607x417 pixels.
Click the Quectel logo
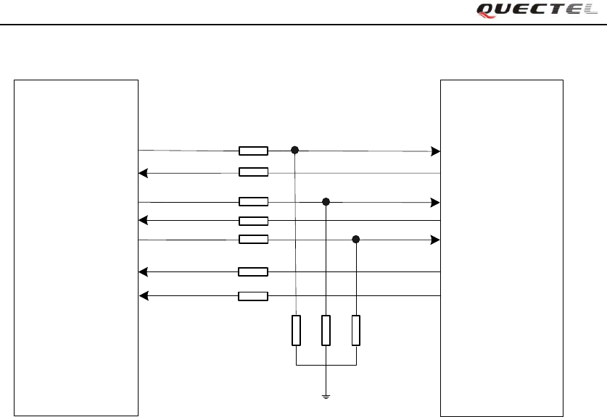click(x=537, y=9)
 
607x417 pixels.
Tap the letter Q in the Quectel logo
click(x=485, y=9)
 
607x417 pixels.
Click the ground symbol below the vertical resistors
click(x=326, y=396)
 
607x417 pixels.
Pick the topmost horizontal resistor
click(x=253, y=151)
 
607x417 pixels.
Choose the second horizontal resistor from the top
click(x=253, y=172)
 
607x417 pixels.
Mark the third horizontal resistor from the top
click(x=253, y=202)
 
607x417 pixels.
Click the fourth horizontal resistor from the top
click(x=253, y=221)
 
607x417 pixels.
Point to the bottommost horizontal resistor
click(x=253, y=295)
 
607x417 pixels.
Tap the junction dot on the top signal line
click(x=295, y=151)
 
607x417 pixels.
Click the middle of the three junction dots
click(x=326, y=202)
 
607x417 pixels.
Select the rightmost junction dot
click(x=356, y=239)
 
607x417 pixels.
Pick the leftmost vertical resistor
click(x=296, y=330)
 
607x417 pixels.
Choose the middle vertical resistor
click(x=326, y=330)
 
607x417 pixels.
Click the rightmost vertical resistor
click(x=356, y=330)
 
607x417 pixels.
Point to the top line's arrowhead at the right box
click(x=435, y=151)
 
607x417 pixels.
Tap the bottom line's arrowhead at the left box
click(x=143, y=295)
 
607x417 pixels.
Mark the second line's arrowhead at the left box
click(x=143, y=173)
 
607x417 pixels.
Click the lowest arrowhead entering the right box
click(x=435, y=240)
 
